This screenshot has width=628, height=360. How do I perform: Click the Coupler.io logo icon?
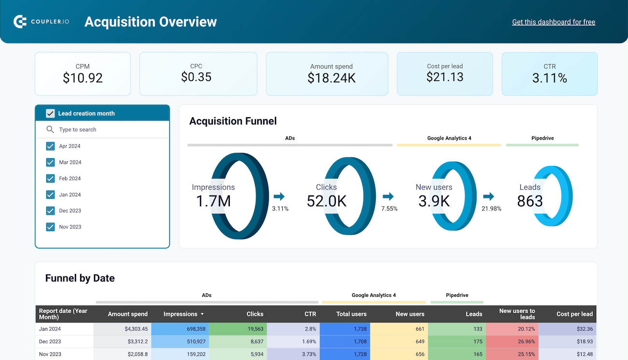point(20,22)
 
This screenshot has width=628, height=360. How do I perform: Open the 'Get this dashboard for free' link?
point(553,22)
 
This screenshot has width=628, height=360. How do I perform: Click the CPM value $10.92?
point(83,78)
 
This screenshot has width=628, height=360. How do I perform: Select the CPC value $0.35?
point(196,77)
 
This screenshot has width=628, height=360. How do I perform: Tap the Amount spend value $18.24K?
point(331,78)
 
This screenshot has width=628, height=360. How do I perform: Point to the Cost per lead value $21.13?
point(445,77)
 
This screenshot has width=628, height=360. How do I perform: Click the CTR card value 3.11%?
point(549,78)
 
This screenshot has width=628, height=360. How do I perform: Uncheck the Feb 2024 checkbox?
point(50,179)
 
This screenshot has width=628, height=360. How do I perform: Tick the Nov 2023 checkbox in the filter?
point(50,227)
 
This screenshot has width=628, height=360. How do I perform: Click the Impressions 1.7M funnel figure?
point(213,201)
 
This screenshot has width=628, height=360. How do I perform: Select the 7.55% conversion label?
point(389,209)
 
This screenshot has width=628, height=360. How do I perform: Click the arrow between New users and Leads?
point(488,196)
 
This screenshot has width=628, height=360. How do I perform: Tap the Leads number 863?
point(530,201)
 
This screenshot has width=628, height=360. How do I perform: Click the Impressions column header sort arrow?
point(202,314)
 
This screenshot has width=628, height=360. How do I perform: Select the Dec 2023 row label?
point(50,342)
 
